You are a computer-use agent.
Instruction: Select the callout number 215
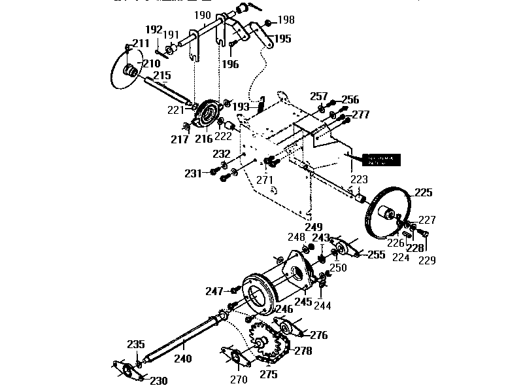[x=162, y=76]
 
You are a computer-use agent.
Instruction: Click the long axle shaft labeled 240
[x=183, y=340]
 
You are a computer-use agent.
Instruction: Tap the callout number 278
[x=303, y=351]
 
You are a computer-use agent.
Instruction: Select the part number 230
[x=159, y=380]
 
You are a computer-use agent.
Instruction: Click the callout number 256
[x=350, y=100]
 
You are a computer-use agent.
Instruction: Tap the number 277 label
[x=360, y=115]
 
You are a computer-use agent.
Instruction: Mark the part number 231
[x=193, y=173]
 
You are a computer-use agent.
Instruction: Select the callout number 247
[x=214, y=291]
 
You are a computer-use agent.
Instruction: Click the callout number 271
[x=264, y=179]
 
